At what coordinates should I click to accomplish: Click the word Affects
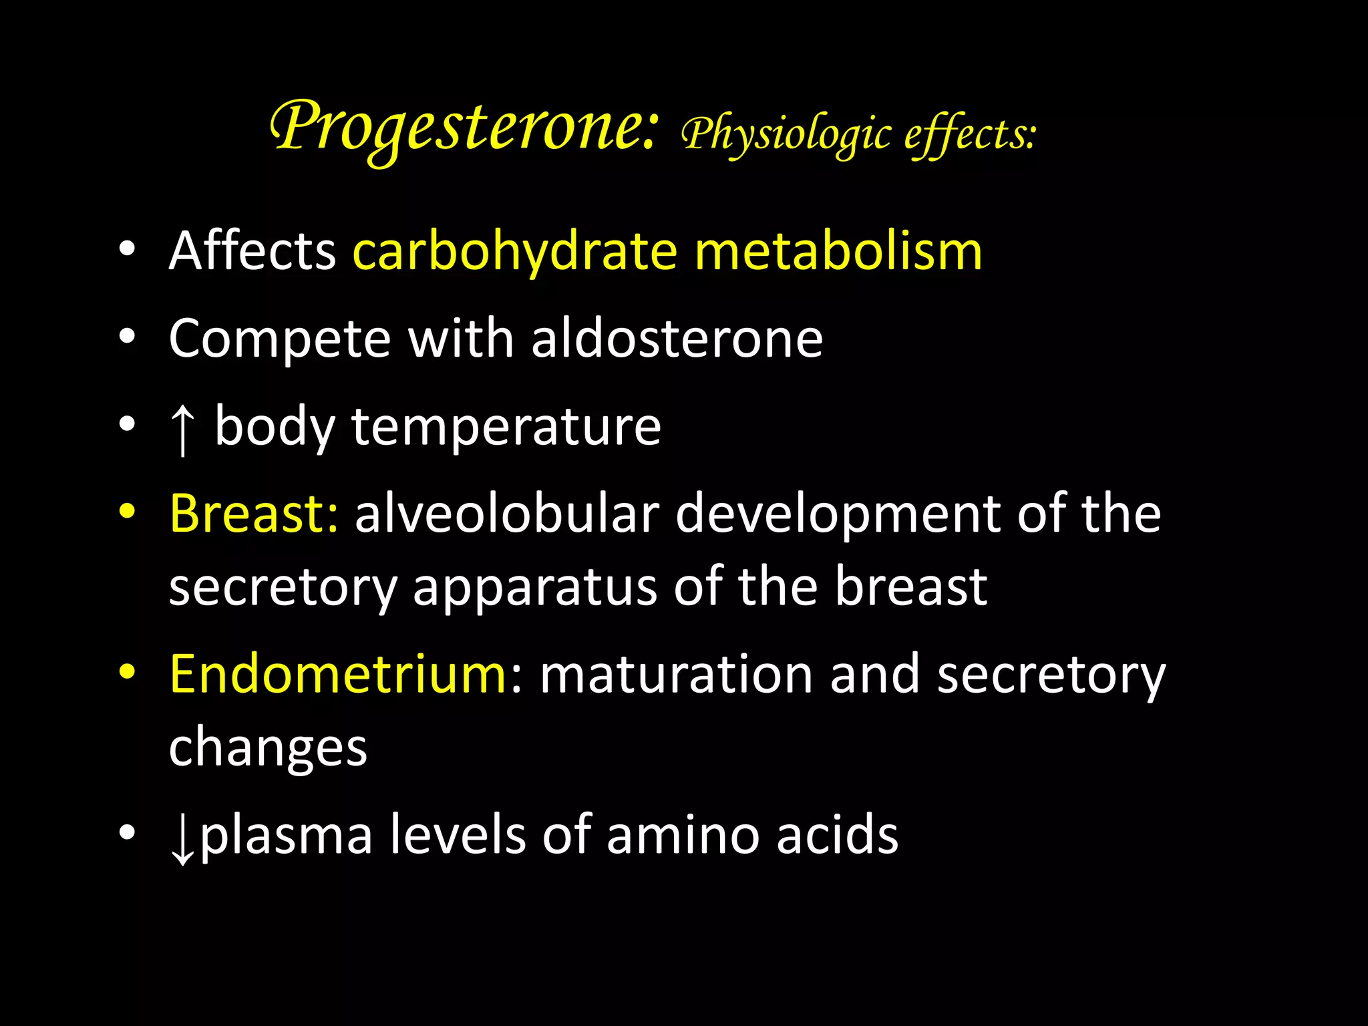pos(252,251)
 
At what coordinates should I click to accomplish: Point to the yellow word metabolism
pos(838,251)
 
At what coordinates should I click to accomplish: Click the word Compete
pos(279,339)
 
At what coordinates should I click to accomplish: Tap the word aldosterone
pos(677,339)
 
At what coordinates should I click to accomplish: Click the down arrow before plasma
pos(182,838)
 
